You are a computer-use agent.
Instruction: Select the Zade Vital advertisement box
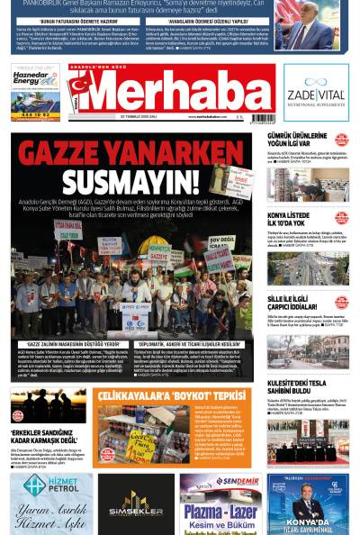click(x=316, y=92)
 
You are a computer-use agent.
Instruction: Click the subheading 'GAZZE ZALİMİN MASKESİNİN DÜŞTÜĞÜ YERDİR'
click(x=68, y=343)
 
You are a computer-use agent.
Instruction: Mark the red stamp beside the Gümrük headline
click(x=341, y=140)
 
